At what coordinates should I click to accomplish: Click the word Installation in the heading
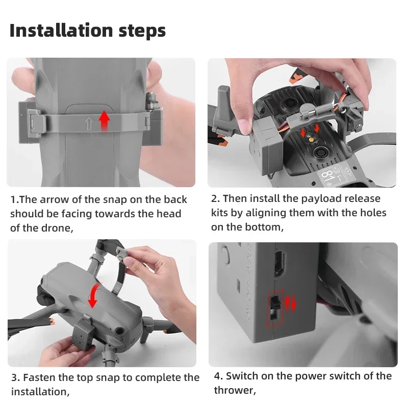point(61,31)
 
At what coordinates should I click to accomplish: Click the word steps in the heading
point(142,32)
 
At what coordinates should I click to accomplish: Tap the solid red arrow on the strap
point(105,121)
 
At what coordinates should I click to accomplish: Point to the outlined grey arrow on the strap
point(89,123)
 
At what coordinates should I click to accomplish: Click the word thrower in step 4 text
point(234,390)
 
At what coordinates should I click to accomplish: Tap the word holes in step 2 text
point(373,213)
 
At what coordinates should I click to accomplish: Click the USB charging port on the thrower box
point(279,264)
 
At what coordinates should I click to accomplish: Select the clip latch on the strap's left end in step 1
point(34,122)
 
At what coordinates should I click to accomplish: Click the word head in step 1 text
point(169,214)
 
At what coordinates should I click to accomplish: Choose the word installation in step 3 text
point(40,392)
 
